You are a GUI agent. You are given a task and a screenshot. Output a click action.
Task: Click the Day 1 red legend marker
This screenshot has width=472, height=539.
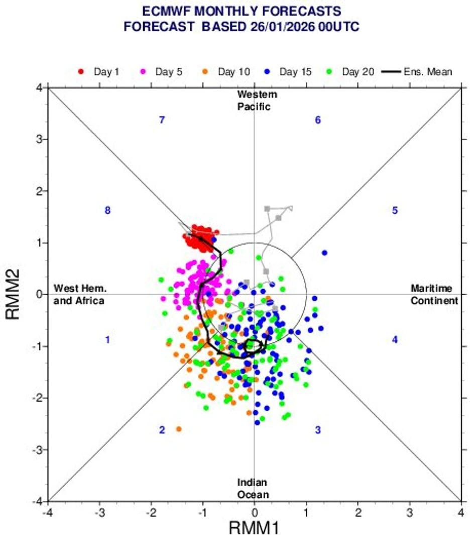tap(81, 72)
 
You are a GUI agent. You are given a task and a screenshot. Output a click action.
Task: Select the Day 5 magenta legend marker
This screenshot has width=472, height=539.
tap(143, 72)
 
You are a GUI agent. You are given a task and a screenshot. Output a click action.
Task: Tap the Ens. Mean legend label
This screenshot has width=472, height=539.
tap(428, 72)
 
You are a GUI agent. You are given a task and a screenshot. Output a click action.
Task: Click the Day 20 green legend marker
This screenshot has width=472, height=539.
tap(330, 72)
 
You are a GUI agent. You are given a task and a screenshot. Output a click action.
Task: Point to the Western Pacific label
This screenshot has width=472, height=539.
tap(255, 101)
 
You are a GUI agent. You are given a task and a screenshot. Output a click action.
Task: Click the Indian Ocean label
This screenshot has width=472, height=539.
tap(254, 488)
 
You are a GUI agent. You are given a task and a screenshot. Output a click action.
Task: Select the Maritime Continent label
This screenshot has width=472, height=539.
tap(434, 295)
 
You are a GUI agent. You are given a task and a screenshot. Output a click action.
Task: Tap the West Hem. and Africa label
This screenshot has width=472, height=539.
tap(79, 295)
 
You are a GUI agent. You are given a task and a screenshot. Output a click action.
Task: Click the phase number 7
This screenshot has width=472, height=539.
tap(162, 120)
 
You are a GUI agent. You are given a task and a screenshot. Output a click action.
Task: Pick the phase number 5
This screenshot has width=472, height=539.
tap(395, 211)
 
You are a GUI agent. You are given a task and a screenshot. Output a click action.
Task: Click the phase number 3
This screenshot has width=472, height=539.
tap(317, 430)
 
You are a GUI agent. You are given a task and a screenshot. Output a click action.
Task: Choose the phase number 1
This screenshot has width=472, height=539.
tap(107, 340)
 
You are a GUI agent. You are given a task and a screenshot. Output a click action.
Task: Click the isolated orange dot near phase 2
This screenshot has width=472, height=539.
tap(178, 429)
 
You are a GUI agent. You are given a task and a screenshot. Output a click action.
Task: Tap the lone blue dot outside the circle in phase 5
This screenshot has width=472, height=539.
tap(324, 252)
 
